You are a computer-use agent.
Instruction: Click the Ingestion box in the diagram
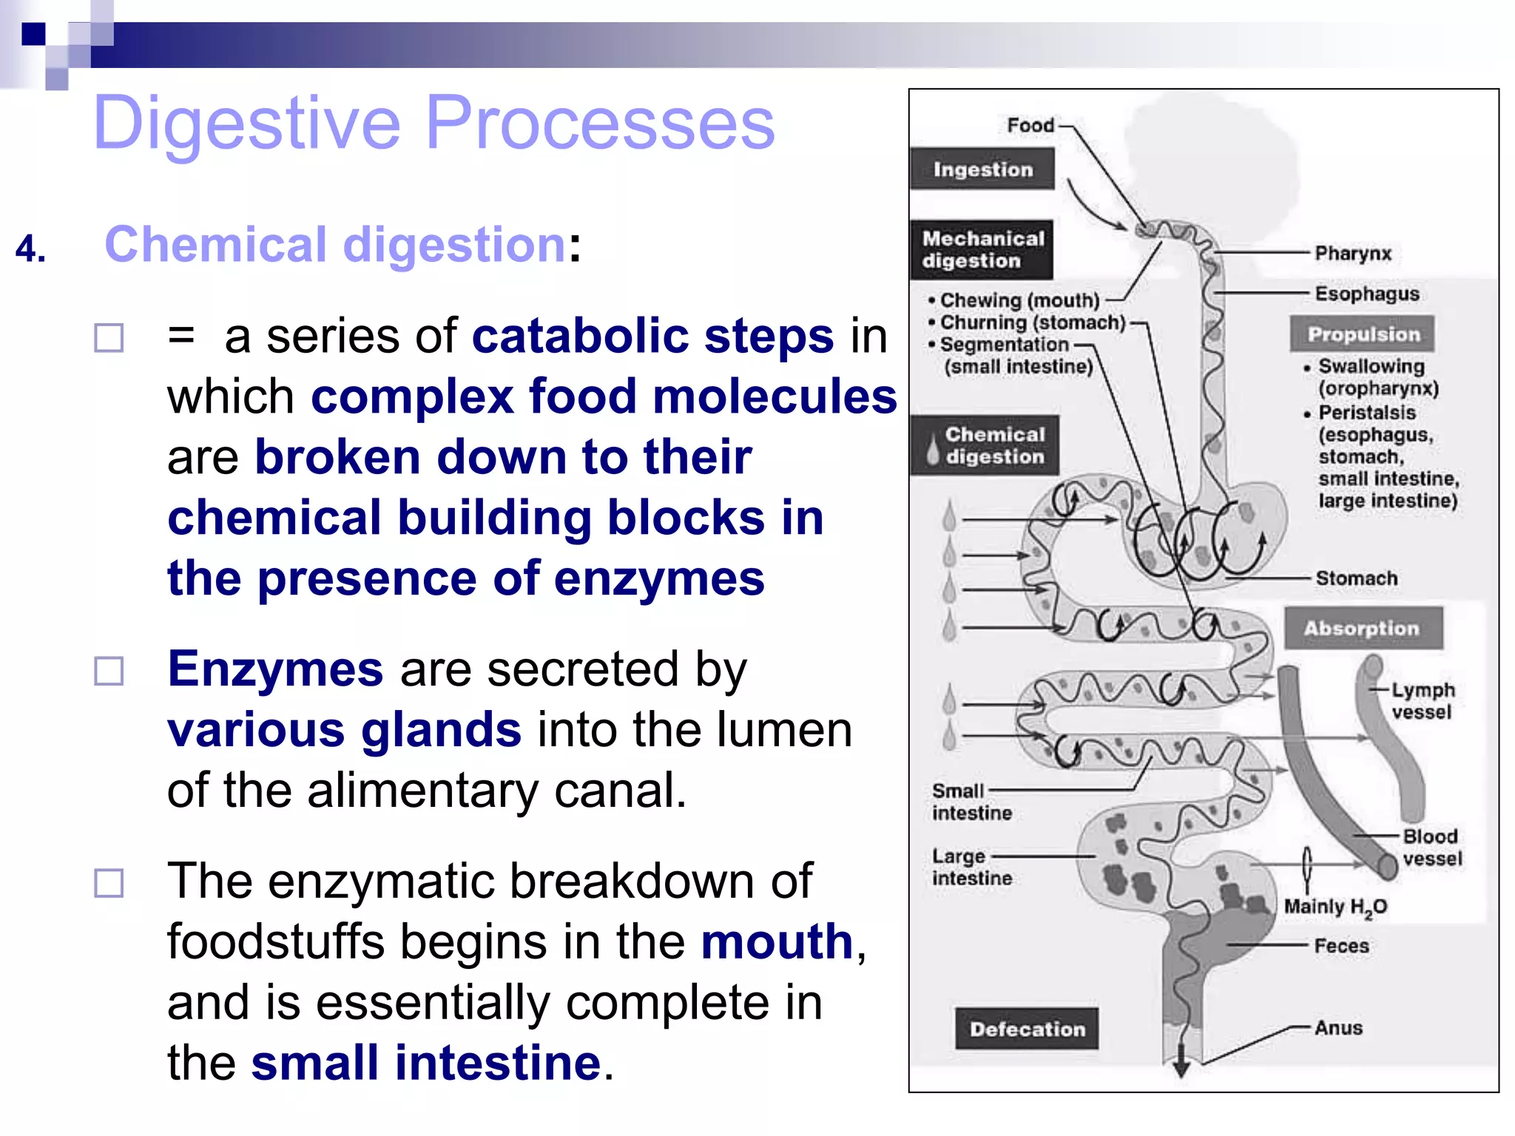click(x=982, y=169)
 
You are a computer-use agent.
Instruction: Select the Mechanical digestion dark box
click(x=982, y=249)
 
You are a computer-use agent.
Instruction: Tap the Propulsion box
click(x=1363, y=334)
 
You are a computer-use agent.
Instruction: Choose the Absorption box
click(x=1363, y=629)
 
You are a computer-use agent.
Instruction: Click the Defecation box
click(x=1027, y=1029)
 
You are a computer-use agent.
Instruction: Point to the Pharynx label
click(x=1353, y=254)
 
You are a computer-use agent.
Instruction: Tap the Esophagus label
click(x=1367, y=294)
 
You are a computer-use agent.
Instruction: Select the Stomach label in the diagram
click(x=1357, y=578)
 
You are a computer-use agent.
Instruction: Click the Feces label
click(x=1341, y=946)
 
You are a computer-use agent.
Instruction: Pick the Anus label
click(x=1338, y=1028)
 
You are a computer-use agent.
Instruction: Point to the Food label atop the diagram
click(x=1030, y=126)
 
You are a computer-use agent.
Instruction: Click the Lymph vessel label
click(x=1422, y=701)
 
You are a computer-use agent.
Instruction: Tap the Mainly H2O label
click(x=1335, y=907)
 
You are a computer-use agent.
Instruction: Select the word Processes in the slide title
click(x=600, y=123)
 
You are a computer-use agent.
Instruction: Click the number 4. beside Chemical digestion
click(x=30, y=248)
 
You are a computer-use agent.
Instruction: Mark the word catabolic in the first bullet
click(x=579, y=337)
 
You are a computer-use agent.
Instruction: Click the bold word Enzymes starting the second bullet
click(x=275, y=669)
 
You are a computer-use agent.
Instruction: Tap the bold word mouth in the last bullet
click(x=777, y=941)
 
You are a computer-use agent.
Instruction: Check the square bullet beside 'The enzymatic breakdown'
click(x=109, y=882)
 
